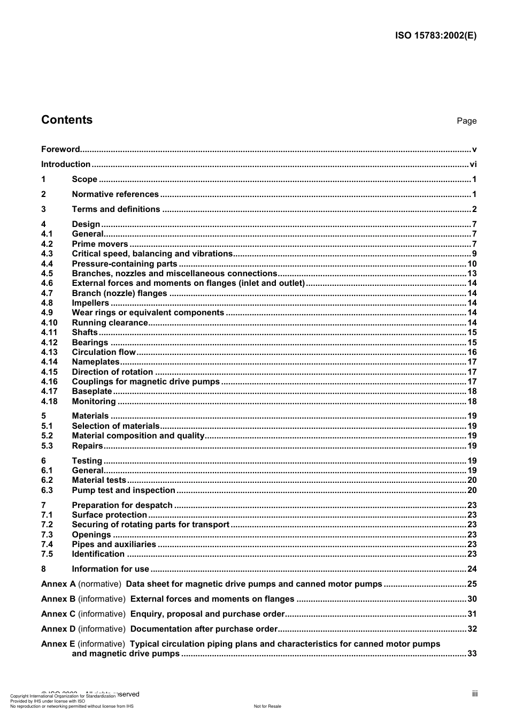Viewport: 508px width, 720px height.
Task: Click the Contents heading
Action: point(67,120)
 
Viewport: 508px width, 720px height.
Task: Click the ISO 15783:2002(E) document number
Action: point(435,36)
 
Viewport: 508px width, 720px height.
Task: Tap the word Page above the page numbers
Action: point(466,121)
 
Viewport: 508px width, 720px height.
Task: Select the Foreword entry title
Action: point(60,149)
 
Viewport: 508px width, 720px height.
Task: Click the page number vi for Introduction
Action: point(473,164)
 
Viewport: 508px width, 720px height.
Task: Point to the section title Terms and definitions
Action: point(116,209)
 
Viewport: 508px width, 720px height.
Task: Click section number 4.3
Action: point(47,254)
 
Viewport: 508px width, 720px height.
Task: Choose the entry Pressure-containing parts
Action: point(125,264)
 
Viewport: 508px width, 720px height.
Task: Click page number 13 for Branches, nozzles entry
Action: point(472,274)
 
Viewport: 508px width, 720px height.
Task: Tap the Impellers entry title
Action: point(90,303)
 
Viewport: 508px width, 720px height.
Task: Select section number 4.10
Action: point(49,323)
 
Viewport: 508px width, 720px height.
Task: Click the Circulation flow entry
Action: point(104,352)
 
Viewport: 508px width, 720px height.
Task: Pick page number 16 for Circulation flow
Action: point(472,352)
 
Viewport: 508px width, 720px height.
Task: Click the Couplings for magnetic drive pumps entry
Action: point(146,382)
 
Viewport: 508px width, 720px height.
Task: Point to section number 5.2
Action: point(47,436)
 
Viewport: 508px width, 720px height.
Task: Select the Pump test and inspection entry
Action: point(124,490)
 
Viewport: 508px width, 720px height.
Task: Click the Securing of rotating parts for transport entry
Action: point(151,525)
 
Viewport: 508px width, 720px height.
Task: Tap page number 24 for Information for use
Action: point(472,569)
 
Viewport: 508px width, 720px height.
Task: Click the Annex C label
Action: point(58,614)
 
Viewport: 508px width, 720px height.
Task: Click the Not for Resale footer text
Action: point(267,706)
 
